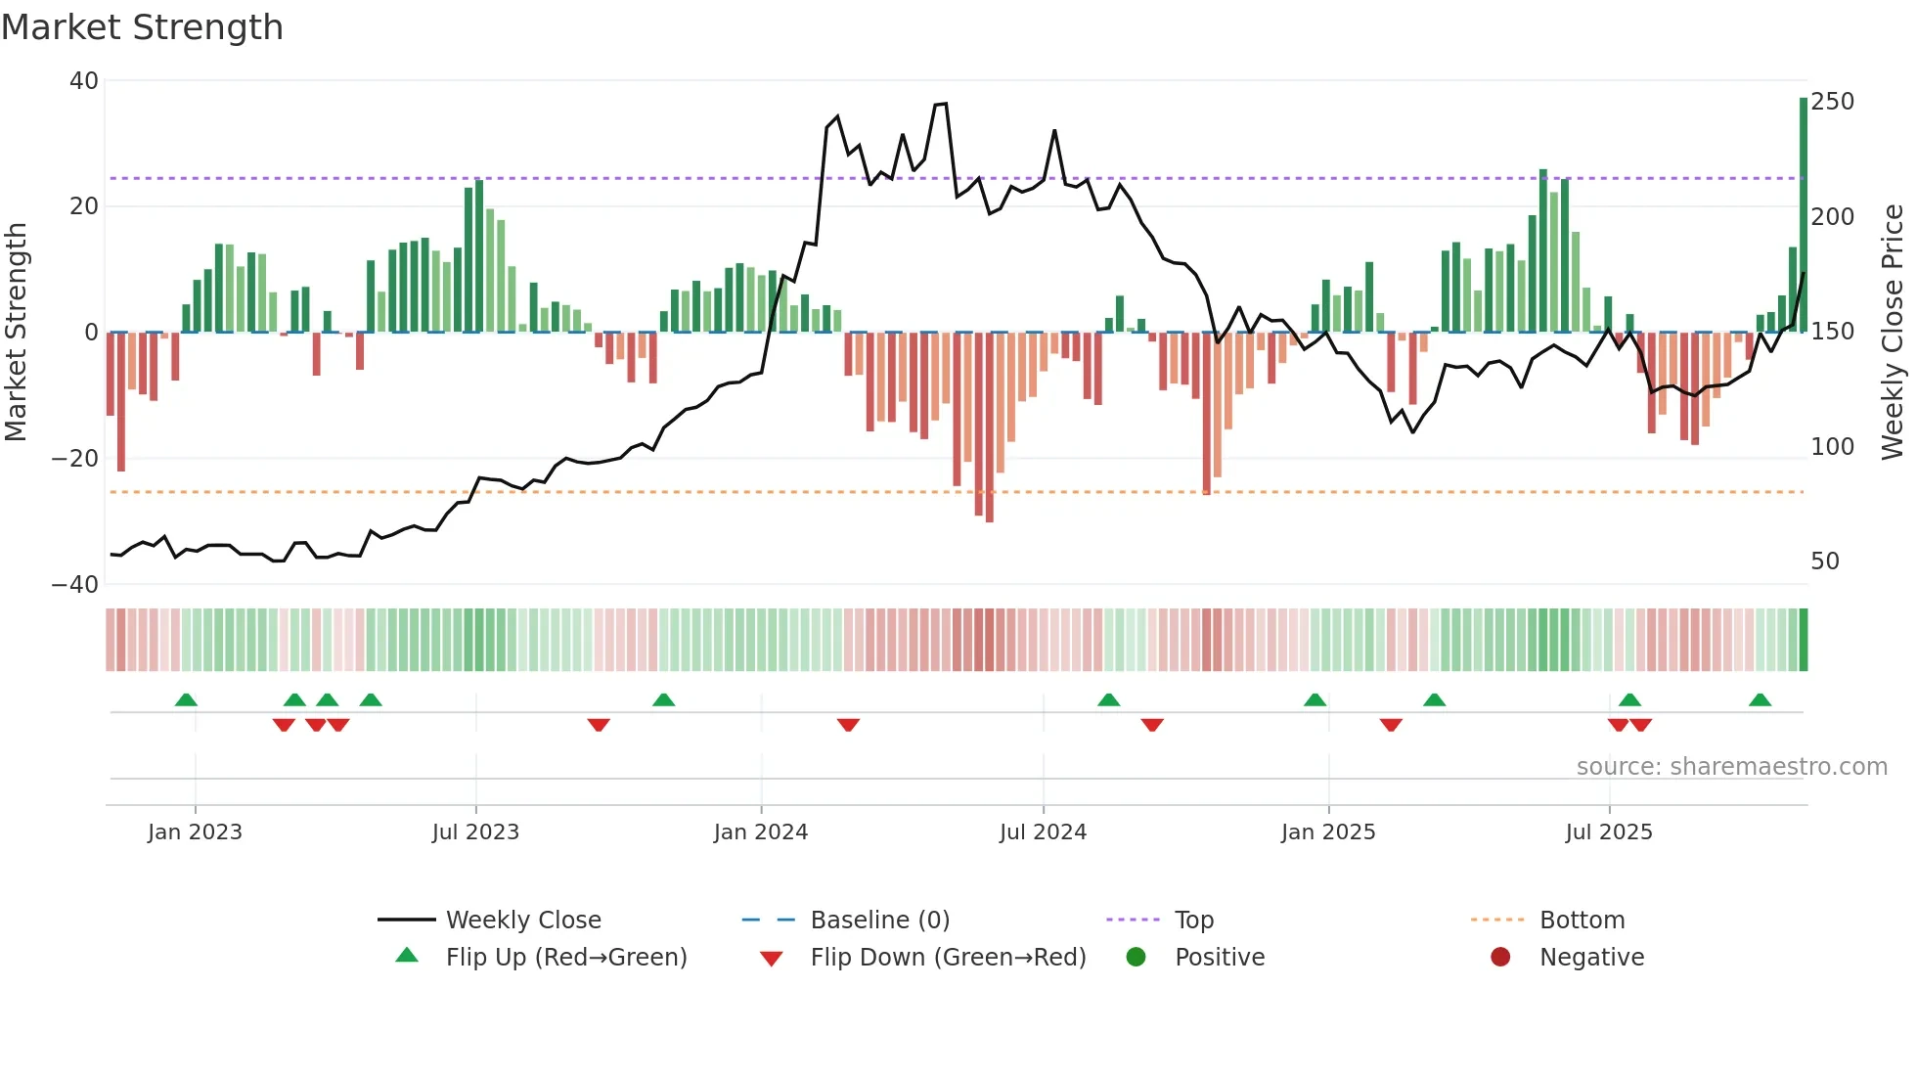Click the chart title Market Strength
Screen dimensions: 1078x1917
point(142,27)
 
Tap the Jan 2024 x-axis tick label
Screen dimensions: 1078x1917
point(760,832)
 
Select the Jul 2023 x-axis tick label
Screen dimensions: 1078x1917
point(475,832)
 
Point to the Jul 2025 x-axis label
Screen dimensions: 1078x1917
point(1608,832)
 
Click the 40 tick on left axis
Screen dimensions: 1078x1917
point(84,81)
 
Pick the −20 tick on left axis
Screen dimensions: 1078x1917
point(76,458)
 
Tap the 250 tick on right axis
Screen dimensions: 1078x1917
point(1832,102)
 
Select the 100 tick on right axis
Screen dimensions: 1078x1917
point(1832,447)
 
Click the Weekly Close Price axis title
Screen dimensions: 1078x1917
point(1894,333)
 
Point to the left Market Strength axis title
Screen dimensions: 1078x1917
point(17,333)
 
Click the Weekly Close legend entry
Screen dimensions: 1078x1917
point(522,921)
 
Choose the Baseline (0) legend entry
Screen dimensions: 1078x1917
point(879,921)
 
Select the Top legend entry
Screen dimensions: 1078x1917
point(1193,921)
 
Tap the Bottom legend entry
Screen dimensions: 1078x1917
point(1582,921)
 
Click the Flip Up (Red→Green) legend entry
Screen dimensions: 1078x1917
point(565,958)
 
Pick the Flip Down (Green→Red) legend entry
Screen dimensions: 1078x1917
point(947,958)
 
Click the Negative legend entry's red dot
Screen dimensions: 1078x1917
point(1500,958)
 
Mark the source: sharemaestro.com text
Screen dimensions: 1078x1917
point(1731,767)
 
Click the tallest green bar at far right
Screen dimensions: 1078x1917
point(1804,215)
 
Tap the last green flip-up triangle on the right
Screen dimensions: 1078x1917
point(1760,700)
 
